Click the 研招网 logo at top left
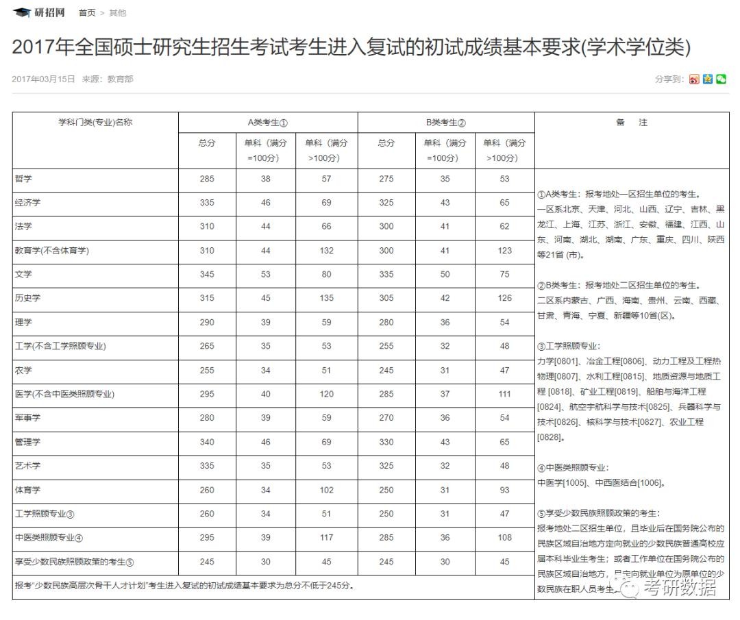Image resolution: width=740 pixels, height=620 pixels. (39, 12)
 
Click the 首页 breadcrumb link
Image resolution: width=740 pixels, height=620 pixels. (87, 13)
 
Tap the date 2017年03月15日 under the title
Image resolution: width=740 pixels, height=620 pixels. (43, 79)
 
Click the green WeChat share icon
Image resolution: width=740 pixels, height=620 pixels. (721, 79)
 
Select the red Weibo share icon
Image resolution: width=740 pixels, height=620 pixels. (694, 79)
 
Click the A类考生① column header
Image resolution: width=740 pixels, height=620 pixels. (267, 123)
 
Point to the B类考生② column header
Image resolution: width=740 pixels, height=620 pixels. (445, 123)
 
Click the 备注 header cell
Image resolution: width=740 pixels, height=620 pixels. (631, 123)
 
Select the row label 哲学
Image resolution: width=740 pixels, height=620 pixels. (23, 179)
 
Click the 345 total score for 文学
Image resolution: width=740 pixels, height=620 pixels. (207, 274)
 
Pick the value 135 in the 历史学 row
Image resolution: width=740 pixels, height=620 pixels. (326, 298)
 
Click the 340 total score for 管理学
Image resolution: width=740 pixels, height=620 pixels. (207, 442)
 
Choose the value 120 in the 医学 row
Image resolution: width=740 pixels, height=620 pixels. (326, 394)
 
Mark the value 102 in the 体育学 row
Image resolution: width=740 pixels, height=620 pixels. (326, 490)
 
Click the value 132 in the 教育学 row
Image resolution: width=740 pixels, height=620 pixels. (326, 250)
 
